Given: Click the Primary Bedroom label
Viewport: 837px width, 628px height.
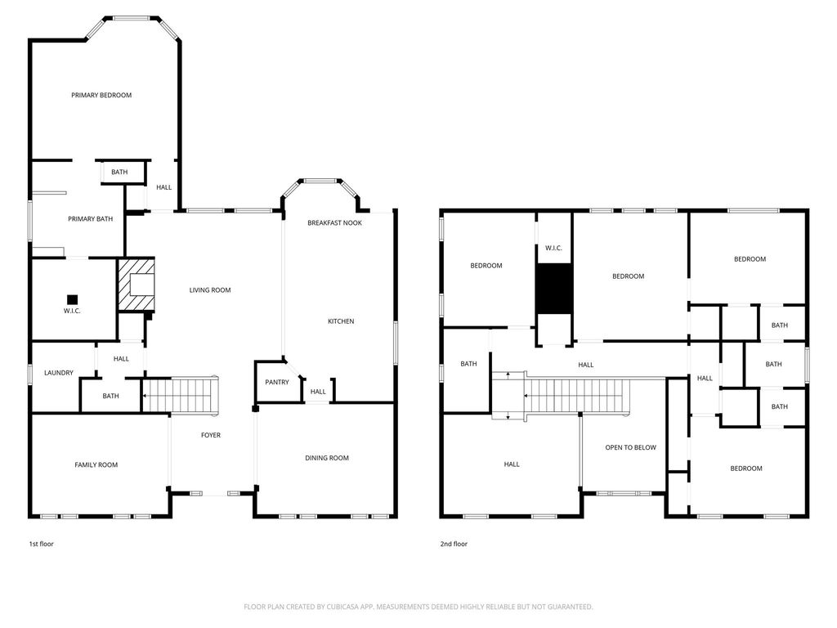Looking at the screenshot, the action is click(x=101, y=95).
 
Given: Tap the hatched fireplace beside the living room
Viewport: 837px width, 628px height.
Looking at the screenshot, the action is click(x=137, y=284).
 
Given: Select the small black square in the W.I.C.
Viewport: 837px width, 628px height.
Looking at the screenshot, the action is click(x=72, y=299).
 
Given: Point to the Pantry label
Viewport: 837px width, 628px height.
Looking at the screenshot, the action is click(x=277, y=383).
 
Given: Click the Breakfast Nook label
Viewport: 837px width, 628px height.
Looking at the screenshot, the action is click(x=334, y=222).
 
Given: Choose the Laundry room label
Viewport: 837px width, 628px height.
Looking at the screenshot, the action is click(x=59, y=373).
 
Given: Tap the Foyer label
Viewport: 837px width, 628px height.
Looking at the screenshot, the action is click(x=211, y=435).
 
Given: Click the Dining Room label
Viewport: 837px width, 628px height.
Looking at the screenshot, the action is click(x=327, y=458).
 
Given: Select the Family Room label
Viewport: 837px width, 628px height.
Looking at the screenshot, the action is click(x=96, y=465).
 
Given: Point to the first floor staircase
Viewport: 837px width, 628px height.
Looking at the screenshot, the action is click(x=181, y=396).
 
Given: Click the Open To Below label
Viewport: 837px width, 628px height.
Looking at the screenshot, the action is click(x=630, y=447).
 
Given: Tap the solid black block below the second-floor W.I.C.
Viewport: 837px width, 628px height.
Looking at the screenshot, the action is click(x=554, y=289).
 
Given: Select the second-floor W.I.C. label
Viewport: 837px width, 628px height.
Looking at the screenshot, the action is click(x=553, y=249).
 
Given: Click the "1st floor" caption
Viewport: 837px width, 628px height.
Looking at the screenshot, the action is click(x=41, y=544).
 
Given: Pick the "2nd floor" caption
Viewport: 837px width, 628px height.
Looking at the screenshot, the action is click(x=454, y=544).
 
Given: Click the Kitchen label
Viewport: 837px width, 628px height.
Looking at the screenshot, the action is click(x=341, y=321).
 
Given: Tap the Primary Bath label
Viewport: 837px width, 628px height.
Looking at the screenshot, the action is click(x=90, y=219).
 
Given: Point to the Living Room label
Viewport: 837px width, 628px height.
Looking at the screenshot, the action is click(x=210, y=290).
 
